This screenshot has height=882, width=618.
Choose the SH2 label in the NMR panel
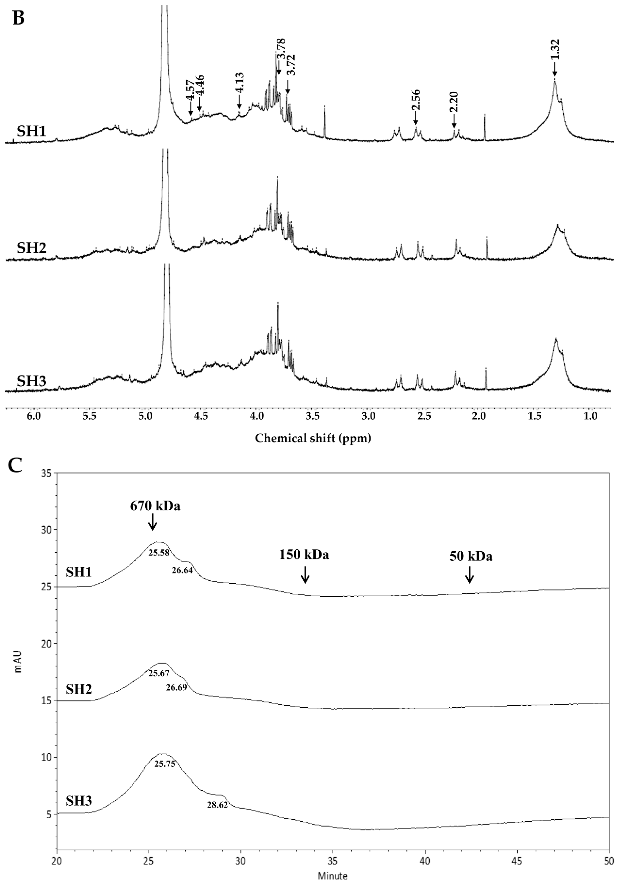pyautogui.click(x=31, y=248)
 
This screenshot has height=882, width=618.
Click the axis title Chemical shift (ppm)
pyautogui.click(x=313, y=438)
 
